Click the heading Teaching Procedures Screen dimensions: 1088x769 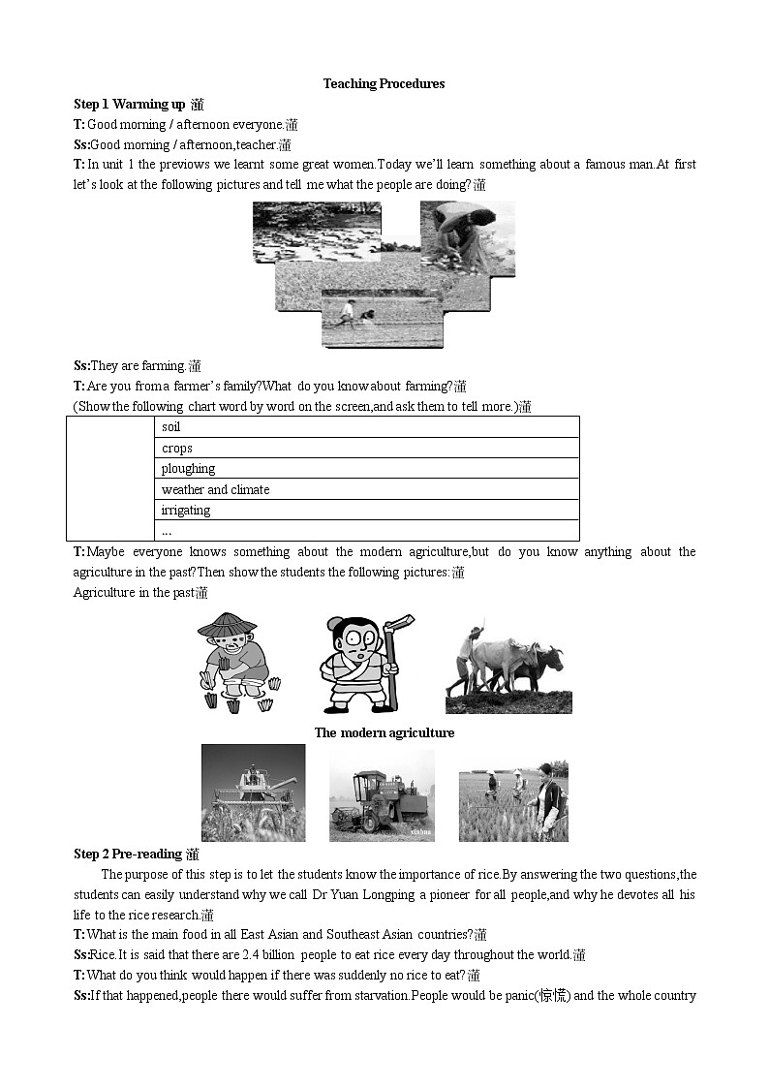384,83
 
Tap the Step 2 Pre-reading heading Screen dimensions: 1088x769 128,854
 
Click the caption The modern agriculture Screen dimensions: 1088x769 384,732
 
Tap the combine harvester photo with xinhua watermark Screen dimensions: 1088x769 382,793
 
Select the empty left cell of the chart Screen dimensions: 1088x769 109,478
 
